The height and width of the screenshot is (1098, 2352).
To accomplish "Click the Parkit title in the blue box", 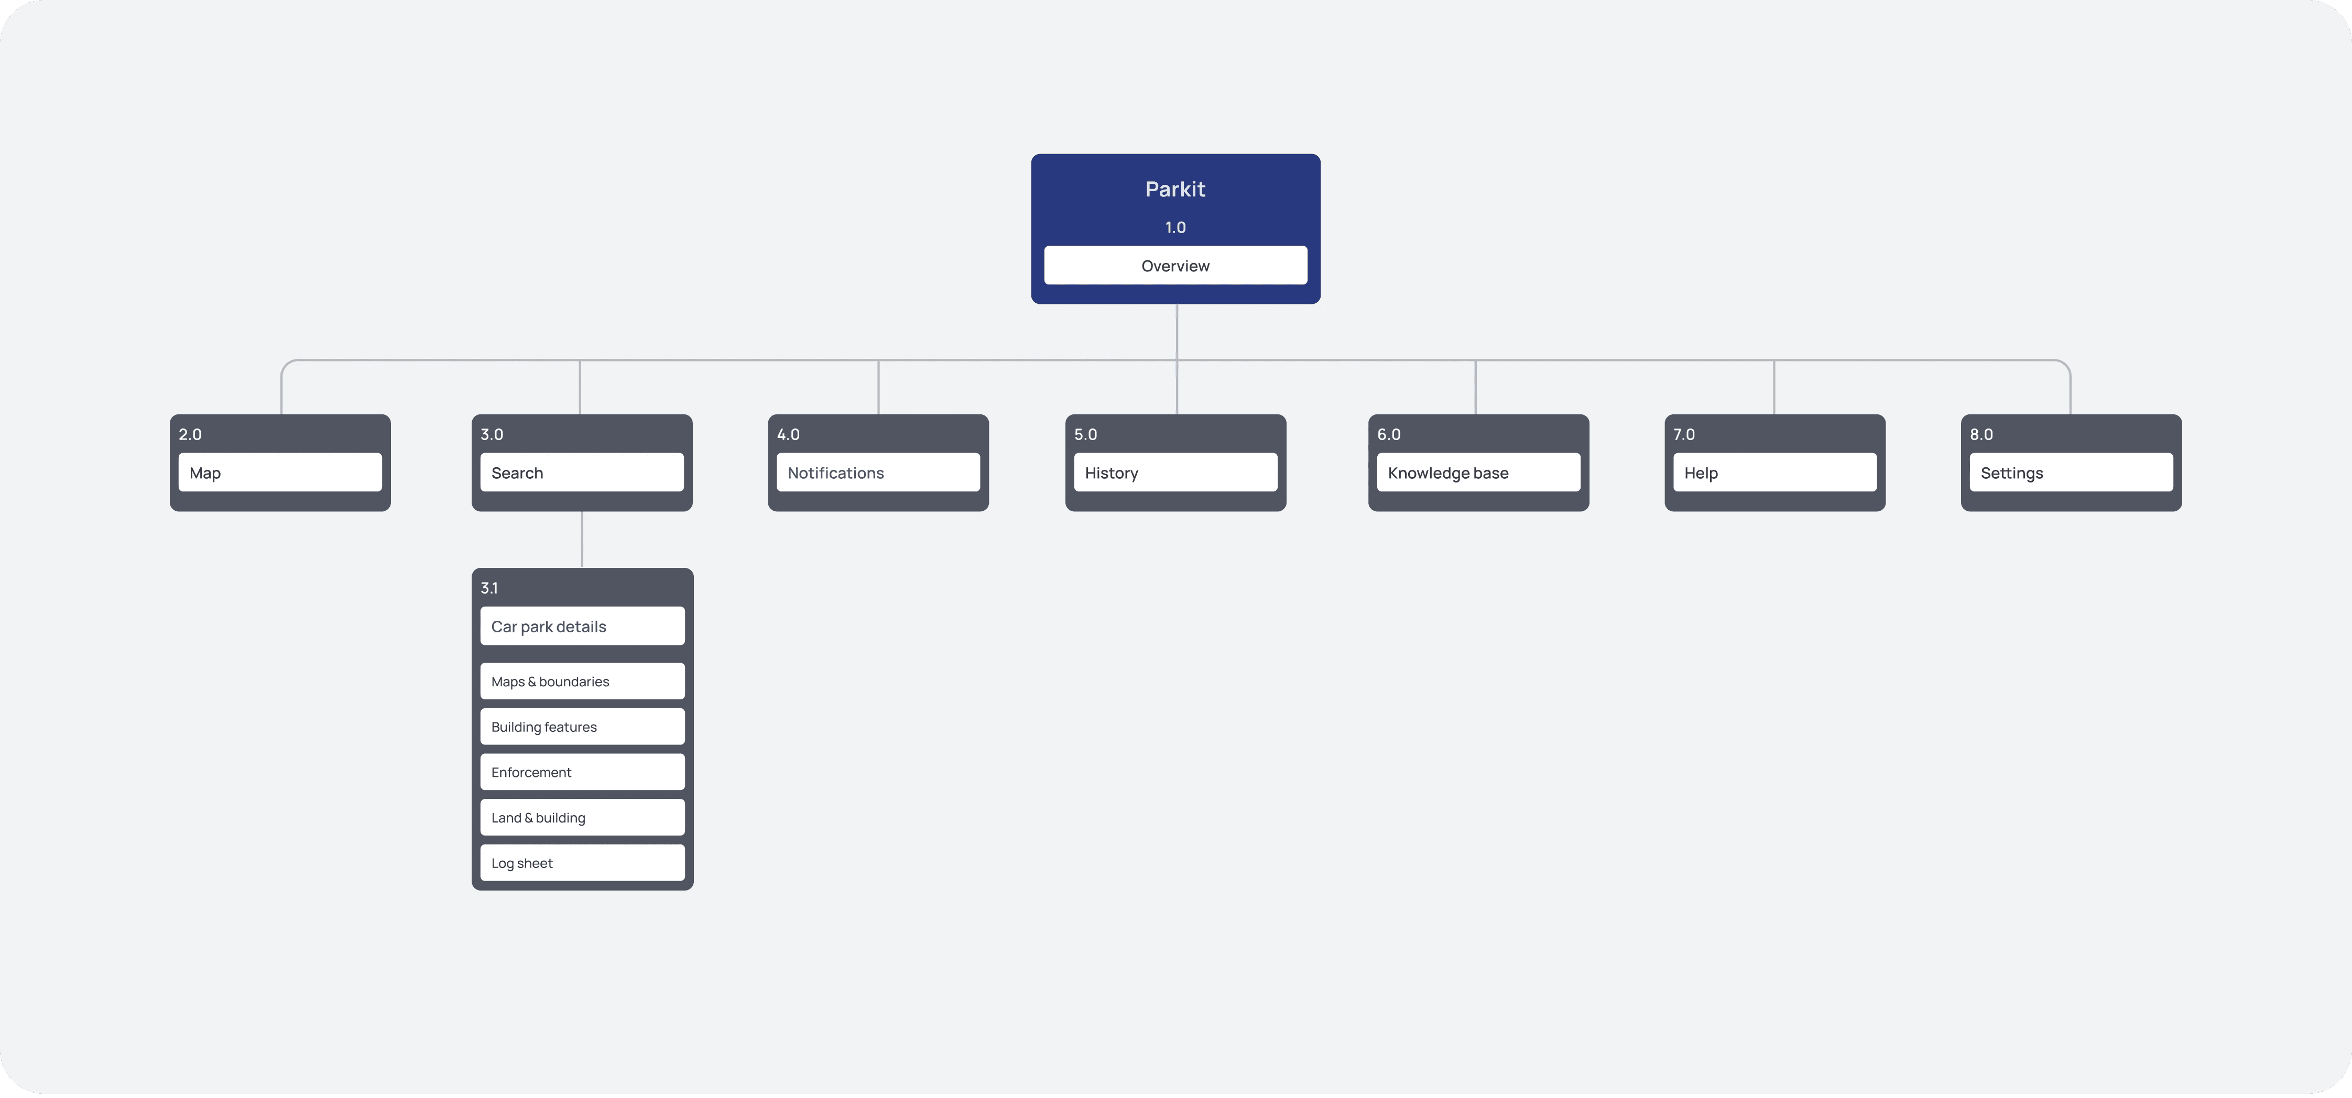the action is [1175, 189].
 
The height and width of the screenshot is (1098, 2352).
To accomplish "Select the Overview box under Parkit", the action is [1175, 266].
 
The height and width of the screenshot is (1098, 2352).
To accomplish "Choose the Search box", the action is [582, 473].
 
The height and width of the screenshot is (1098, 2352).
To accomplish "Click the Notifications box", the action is [878, 473].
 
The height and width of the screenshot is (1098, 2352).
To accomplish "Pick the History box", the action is [1175, 473].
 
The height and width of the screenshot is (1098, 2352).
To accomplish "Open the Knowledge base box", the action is [1478, 473].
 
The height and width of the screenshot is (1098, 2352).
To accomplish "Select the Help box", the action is [1775, 473].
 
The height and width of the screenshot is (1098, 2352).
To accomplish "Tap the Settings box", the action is [2071, 473].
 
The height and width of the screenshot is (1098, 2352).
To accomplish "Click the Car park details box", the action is [583, 626].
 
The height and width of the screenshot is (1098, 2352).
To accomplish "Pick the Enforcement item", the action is [583, 772].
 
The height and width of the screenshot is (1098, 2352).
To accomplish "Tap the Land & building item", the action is [583, 818].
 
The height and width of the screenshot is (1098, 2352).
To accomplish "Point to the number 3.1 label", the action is [489, 588].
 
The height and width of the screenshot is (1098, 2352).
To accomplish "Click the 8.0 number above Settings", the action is [1981, 434].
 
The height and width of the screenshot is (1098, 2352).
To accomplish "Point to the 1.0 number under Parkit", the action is [1175, 227].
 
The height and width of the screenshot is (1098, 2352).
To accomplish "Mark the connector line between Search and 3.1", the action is [582, 540].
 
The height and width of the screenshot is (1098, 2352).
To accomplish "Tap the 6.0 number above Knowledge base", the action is [1389, 434].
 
